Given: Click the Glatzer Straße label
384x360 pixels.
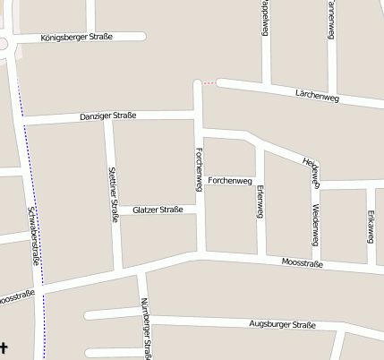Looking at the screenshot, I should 158,210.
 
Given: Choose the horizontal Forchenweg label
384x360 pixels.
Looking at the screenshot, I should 230,180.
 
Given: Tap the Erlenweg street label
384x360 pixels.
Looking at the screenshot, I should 260,203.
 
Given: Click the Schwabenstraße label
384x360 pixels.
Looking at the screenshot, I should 33,236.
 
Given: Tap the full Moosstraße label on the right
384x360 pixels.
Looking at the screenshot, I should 302,262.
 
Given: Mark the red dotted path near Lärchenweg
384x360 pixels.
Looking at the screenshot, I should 208,83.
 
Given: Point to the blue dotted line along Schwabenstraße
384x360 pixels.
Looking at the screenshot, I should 32,179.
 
